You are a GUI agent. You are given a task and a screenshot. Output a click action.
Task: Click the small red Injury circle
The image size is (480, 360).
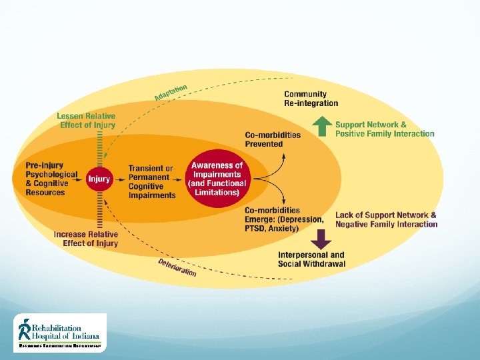coord(99,179)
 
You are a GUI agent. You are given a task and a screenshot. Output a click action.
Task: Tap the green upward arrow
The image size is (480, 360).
coord(322,125)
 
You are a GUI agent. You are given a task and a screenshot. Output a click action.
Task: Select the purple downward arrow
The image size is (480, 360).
coord(322,239)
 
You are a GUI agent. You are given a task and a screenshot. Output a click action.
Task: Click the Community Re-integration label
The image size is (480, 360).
coord(311,99)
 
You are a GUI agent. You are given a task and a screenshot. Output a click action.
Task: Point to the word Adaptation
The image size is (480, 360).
coord(171,91)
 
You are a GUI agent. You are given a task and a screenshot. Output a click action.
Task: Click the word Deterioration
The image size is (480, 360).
coord(177,267)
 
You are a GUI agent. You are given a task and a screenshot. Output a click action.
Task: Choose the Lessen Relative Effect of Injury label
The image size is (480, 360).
coord(86,121)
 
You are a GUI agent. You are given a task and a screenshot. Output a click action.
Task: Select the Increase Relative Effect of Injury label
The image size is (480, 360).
coord(86,239)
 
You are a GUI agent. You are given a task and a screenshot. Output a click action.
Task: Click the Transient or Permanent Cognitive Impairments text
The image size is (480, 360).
coord(151,182)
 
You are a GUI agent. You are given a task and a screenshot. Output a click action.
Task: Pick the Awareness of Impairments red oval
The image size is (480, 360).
coord(217,179)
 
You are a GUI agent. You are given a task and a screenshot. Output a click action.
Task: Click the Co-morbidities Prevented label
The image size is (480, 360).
coord(273,139)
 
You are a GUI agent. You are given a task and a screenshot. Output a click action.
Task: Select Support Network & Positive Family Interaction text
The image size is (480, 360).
coord(385,129)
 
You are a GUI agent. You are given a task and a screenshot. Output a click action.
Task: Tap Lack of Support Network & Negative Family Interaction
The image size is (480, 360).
coord(386,219)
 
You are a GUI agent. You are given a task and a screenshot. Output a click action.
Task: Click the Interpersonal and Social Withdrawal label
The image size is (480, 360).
coord(311,259)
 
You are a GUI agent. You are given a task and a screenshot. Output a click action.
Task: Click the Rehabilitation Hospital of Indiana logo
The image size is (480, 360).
coord(60,332)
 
